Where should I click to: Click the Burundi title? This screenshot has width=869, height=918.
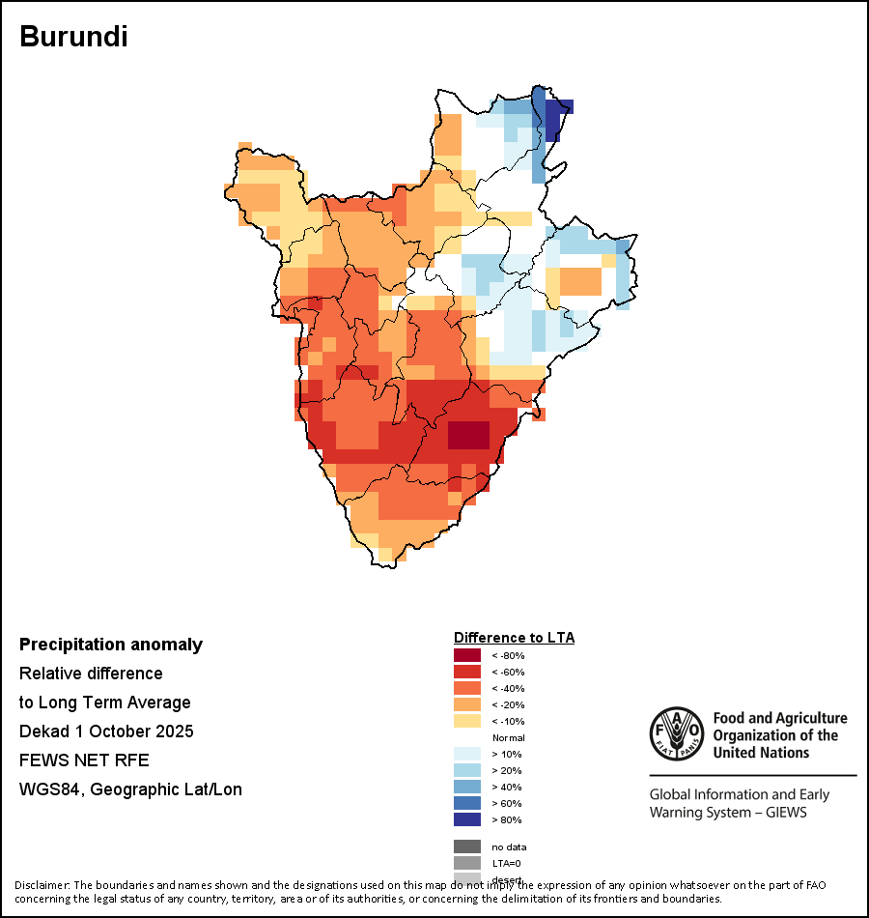74,38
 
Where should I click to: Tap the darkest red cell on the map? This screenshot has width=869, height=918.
468,436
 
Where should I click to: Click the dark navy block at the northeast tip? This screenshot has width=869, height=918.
554,119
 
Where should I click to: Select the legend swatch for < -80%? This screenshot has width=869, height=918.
467,656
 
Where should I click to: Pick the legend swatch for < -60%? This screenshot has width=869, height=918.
467,673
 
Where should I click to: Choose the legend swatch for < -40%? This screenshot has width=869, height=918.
467,689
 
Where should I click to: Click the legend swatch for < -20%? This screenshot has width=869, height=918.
467,705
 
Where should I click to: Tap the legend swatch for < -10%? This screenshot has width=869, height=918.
467,722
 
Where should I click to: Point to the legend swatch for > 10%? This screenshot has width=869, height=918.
467,755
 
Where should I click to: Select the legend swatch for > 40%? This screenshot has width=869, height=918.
467,788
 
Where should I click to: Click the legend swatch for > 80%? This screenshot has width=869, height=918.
467,820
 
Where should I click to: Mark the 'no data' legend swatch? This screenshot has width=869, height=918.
467,846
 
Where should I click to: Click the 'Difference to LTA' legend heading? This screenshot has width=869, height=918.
514,638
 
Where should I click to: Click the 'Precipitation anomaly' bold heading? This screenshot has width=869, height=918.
111,645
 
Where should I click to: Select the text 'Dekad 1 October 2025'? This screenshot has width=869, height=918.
106,732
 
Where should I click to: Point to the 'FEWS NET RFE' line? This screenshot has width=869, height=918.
84,760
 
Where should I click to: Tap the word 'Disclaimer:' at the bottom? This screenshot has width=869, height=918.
42,885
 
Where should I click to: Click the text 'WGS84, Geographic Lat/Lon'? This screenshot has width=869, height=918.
130,789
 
